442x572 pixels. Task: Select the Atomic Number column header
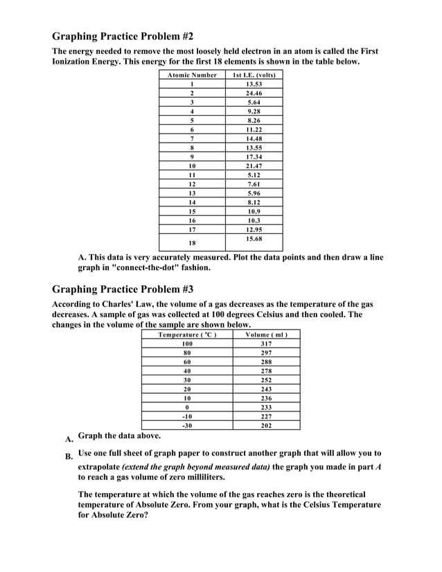192,75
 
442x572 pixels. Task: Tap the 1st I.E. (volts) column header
254,75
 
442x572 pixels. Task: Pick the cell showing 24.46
254,93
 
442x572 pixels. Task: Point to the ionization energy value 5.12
254,175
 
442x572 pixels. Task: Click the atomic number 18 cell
192,243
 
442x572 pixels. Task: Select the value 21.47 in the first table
254,166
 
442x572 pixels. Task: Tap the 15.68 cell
254,239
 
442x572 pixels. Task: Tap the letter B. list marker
69,457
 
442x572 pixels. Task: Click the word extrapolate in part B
98,467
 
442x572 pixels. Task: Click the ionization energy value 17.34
254,157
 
